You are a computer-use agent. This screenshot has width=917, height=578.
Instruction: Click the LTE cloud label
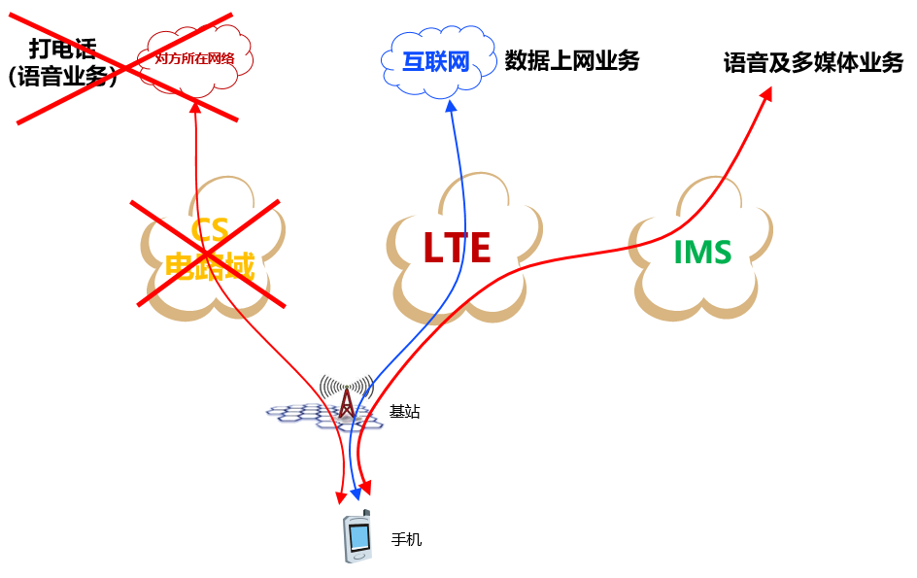[x=457, y=248]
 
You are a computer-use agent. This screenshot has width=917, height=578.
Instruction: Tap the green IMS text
[x=702, y=253]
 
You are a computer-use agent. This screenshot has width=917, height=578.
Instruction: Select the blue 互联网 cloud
[x=436, y=63]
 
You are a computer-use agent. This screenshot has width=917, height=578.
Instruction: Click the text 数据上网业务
[x=572, y=61]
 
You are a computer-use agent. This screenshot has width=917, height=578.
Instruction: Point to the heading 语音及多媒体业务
[x=813, y=64]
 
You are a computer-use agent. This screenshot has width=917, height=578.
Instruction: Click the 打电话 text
[x=62, y=49]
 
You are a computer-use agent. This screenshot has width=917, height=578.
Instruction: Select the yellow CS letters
[x=209, y=231]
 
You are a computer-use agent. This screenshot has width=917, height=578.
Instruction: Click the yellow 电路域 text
[x=209, y=265]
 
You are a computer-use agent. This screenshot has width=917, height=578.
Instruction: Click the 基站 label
[x=405, y=412]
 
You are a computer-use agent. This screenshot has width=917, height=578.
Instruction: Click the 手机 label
[x=407, y=539]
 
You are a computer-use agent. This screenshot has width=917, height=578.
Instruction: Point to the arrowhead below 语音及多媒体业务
[x=766, y=94]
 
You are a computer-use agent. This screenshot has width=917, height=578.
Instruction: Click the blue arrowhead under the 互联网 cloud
[x=450, y=105]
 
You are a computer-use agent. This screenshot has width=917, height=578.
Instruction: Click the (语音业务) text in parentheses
[x=62, y=78]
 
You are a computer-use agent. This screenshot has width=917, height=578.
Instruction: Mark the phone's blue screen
[x=359, y=535]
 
